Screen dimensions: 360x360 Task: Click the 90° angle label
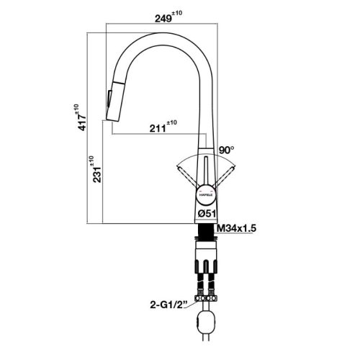pos(228,150)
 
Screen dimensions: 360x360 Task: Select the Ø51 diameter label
pos(208,213)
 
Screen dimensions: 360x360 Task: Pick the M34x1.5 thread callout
pos(238,228)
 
